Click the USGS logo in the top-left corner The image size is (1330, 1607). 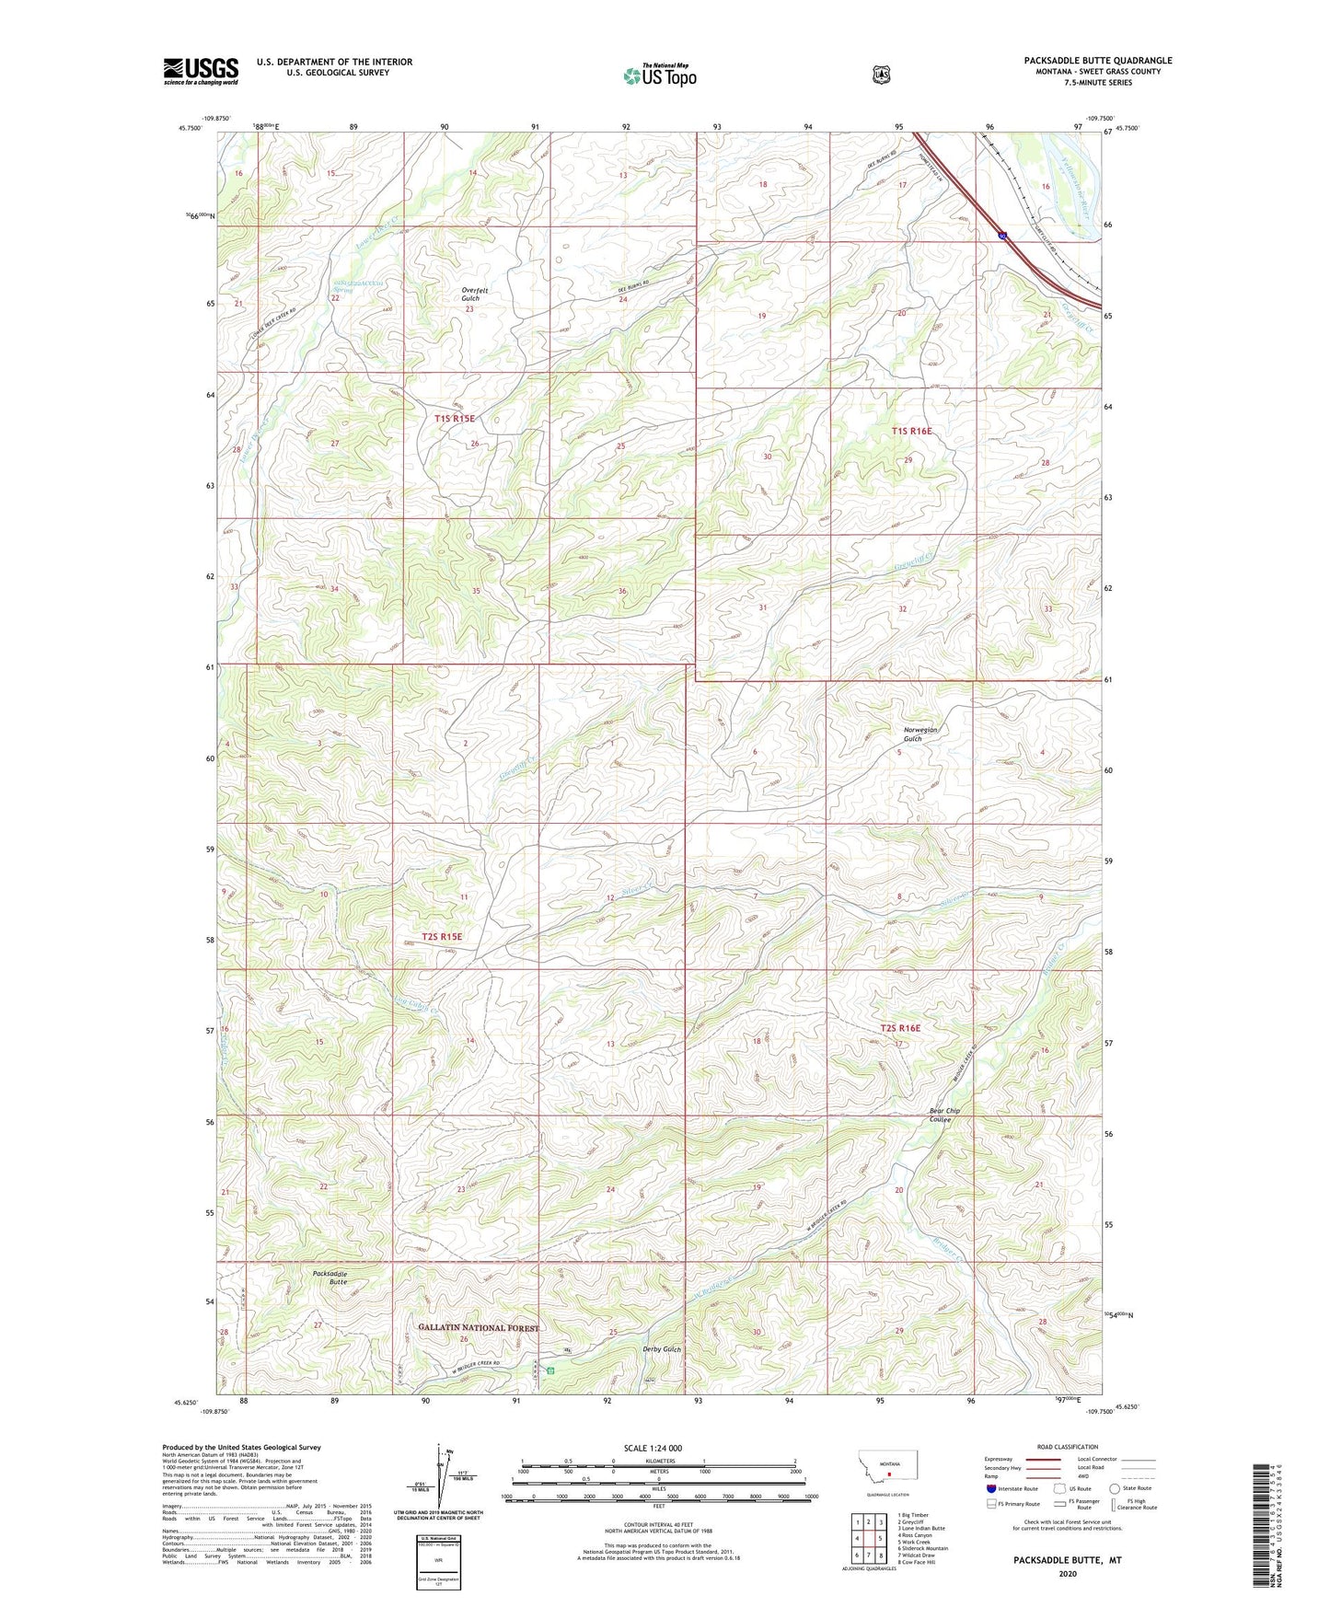[201, 71]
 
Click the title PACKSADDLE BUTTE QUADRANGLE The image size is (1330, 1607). [1097, 61]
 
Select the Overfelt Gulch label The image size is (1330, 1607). [475, 295]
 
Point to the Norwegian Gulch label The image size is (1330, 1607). [919, 734]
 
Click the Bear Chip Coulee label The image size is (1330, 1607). [944, 1115]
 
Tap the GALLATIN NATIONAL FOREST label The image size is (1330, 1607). [478, 1327]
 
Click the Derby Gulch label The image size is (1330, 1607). [661, 1349]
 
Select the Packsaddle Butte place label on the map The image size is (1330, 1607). [330, 1278]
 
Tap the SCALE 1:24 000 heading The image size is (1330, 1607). [653, 1448]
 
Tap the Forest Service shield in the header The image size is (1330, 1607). [881, 74]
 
